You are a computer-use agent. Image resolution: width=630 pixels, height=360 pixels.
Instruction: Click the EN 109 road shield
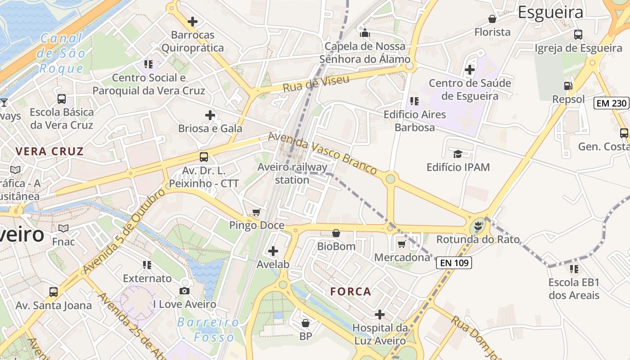point(454,263)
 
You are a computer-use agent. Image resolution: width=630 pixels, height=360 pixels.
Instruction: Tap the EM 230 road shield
point(612,103)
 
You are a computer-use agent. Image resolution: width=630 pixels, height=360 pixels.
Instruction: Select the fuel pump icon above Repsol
point(568,86)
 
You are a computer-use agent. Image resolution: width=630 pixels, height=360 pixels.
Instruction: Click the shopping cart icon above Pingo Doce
point(256,212)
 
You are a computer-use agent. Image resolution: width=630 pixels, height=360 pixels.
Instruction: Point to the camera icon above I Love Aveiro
point(184,291)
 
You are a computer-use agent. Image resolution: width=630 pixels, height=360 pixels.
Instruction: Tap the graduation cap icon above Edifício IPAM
point(458,154)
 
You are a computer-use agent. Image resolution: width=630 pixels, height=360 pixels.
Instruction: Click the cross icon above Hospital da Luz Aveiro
point(380,314)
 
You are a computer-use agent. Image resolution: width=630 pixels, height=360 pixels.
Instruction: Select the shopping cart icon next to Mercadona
point(401,244)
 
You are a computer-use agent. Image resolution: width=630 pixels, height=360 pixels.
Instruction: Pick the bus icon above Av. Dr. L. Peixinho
point(204,157)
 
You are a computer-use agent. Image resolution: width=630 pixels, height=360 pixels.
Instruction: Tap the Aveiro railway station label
point(292,173)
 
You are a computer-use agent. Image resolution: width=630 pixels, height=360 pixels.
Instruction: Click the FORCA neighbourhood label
point(351,292)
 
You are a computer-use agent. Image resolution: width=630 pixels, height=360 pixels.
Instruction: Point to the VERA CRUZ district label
point(49,151)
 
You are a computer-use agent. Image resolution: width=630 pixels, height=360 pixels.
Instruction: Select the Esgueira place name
point(550,12)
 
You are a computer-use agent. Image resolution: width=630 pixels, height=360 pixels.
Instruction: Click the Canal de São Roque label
point(62,53)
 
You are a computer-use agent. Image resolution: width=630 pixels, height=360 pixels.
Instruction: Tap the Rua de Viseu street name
point(316,84)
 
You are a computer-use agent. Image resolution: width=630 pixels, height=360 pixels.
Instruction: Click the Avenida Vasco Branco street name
point(322,153)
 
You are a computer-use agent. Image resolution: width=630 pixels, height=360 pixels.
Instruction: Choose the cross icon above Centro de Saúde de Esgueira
point(470,70)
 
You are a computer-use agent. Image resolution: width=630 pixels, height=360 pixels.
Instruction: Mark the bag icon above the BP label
point(306,323)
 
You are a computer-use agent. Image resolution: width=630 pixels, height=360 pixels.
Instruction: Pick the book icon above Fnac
point(63,229)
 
